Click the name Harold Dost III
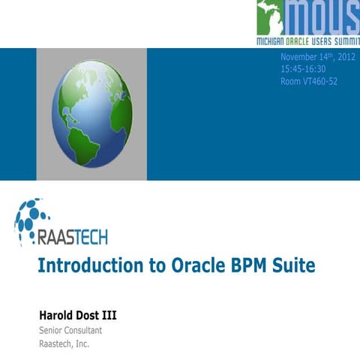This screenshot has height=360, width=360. (77, 314)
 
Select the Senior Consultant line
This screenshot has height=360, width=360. (70, 330)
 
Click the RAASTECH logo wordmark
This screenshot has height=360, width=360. (72, 238)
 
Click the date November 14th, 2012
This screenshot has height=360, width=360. (318, 58)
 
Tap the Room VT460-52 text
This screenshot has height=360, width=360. (309, 80)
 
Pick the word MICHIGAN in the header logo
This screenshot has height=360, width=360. (274, 37)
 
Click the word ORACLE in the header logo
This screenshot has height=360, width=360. (307, 37)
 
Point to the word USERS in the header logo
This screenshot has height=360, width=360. (334, 37)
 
